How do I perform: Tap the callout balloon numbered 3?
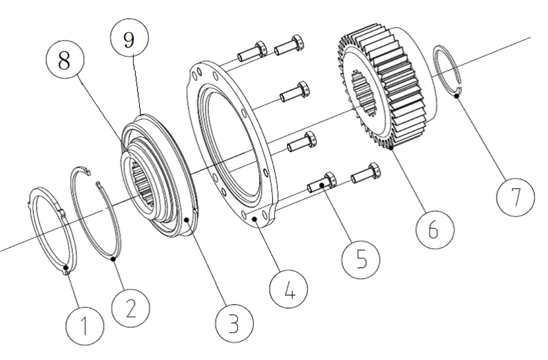233,324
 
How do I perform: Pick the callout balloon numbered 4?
290,289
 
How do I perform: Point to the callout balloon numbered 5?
361,258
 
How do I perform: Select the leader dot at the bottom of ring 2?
114,259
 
